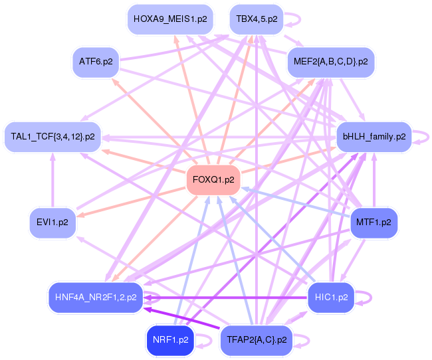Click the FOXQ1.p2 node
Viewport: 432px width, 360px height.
pyautogui.click(x=213, y=180)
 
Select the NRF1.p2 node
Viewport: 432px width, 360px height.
pyautogui.click(x=171, y=339)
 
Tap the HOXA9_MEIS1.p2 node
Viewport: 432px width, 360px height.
pyautogui.click(x=170, y=19)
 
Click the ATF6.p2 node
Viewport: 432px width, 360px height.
pyautogui.click(x=96, y=62)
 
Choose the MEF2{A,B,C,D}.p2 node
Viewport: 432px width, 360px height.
pyautogui.click(x=331, y=62)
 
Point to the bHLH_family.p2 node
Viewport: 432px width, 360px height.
pyautogui.click(x=374, y=137)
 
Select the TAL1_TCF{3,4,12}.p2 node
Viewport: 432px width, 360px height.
pyautogui.click(x=53, y=137)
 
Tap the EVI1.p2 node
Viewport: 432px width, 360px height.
pyautogui.click(x=53, y=223)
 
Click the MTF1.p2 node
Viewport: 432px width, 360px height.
pyautogui.click(x=374, y=223)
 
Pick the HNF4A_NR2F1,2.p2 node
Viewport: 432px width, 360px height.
pyautogui.click(x=96, y=297)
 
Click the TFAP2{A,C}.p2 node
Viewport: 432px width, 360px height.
pyautogui.click(x=256, y=339)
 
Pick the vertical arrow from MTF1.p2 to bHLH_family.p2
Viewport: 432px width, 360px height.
pyautogui.click(x=374, y=179)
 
